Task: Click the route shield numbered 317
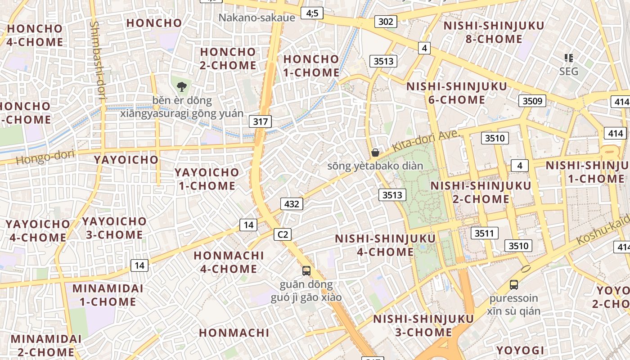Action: (261, 121)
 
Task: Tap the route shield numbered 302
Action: (386, 21)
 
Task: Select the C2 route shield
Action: (283, 234)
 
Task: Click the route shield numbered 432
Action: (292, 204)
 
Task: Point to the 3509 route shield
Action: (532, 101)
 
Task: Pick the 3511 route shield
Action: (484, 233)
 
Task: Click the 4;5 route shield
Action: (312, 13)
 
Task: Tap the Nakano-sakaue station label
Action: (256, 18)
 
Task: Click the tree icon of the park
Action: (182, 87)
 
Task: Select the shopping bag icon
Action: (375, 153)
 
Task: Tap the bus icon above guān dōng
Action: (306, 270)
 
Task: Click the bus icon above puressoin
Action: (513, 284)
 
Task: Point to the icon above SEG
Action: (569, 58)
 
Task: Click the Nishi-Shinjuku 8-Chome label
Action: (494, 32)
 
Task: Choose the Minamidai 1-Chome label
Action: (108, 295)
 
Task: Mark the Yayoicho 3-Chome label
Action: (114, 228)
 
